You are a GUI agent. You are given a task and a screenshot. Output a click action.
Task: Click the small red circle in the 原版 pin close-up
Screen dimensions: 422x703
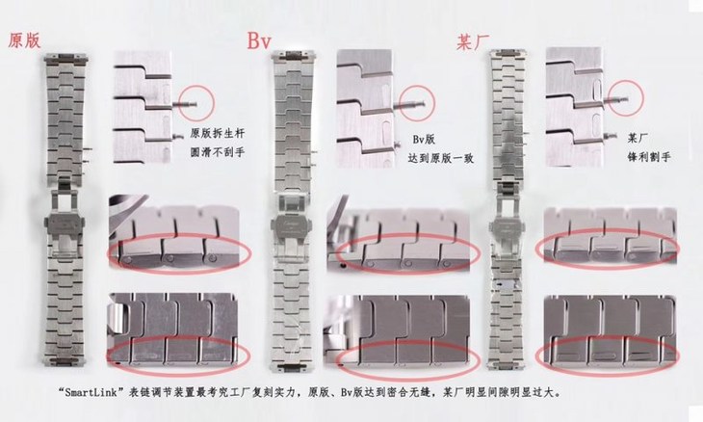point(191,94)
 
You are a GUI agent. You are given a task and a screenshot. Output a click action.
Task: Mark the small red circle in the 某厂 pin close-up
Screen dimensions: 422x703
point(622,94)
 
